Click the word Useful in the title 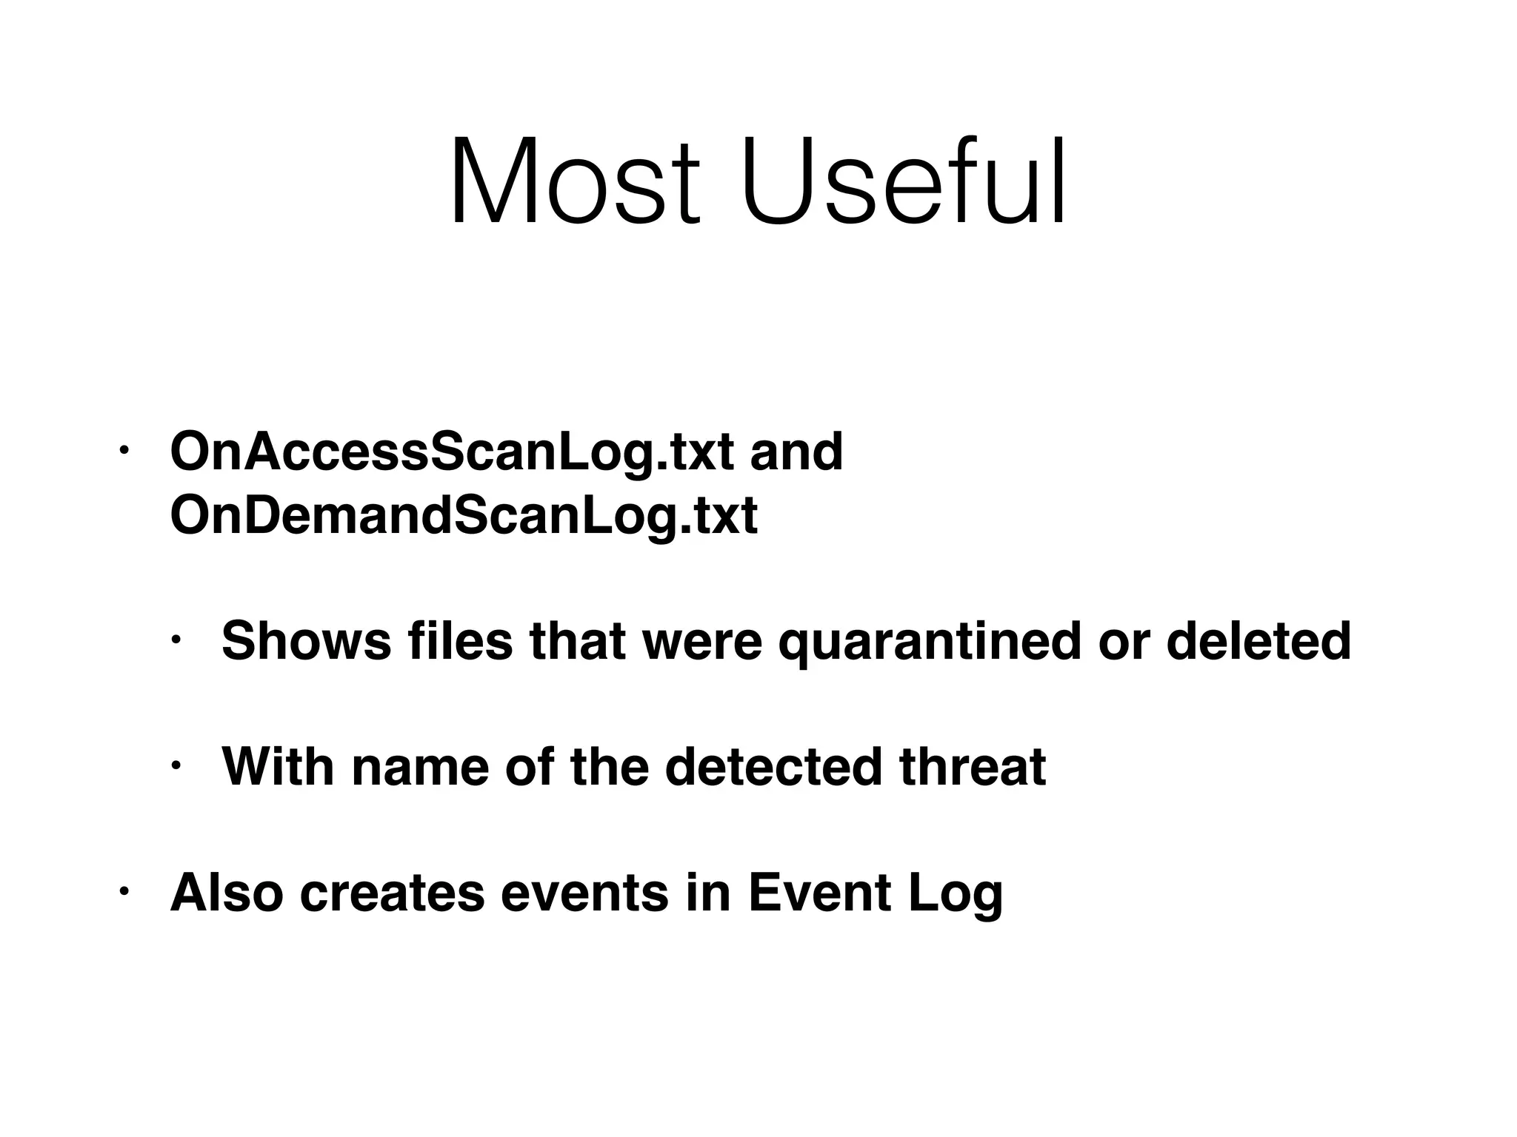pos(905,181)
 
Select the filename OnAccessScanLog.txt pos(452,452)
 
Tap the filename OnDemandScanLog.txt pos(464,516)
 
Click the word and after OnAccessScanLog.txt pos(796,452)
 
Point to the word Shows pos(306,641)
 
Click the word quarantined pos(929,643)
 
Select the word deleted pos(1258,641)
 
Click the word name pos(420,768)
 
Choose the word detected pos(778,767)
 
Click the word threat pos(973,767)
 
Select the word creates pos(393,894)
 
